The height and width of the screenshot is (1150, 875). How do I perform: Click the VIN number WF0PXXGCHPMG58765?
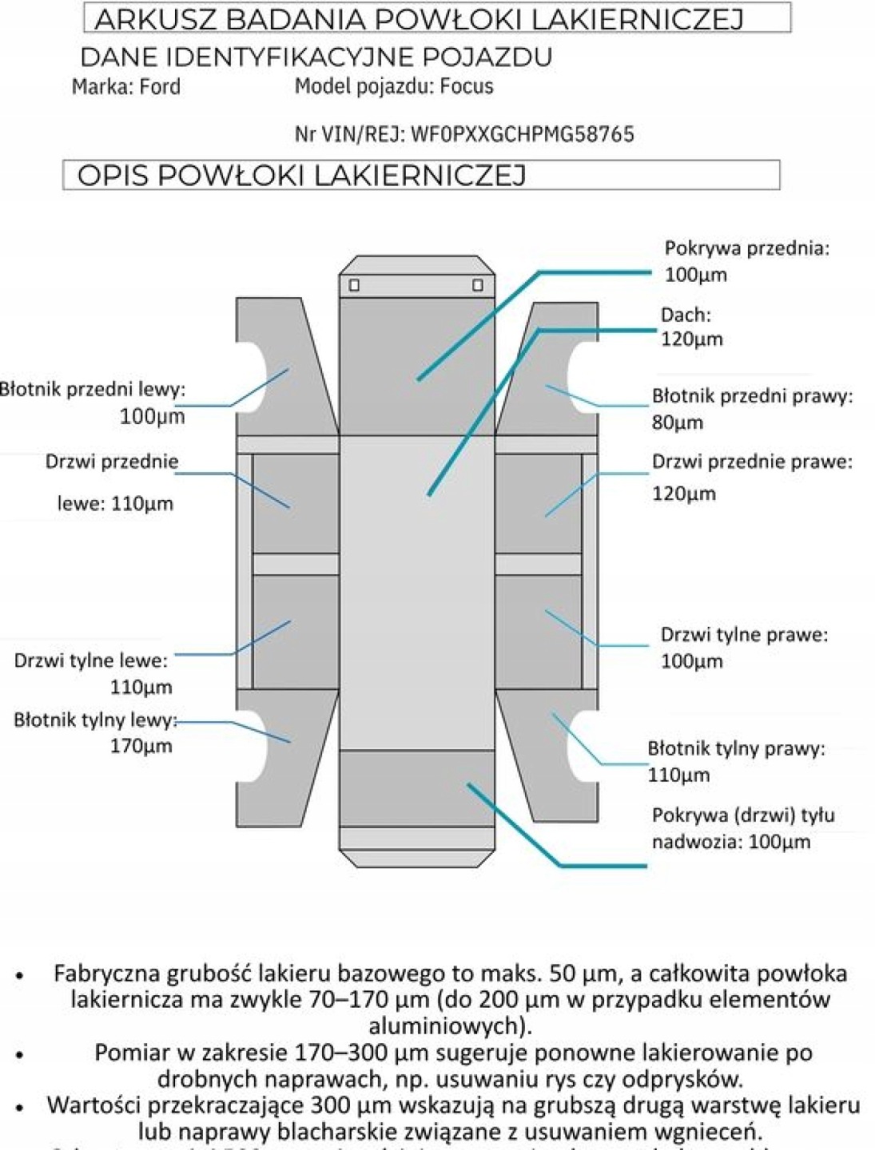pyautogui.click(x=522, y=134)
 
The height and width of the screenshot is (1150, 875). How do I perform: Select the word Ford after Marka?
pyautogui.click(x=160, y=86)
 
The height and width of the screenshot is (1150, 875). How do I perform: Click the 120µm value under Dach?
pyautogui.click(x=691, y=339)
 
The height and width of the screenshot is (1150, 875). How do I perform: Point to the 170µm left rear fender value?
pyautogui.click(x=141, y=746)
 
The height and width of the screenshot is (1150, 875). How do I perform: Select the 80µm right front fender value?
pyautogui.click(x=678, y=422)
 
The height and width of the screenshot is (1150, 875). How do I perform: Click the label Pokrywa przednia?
pyautogui.click(x=746, y=248)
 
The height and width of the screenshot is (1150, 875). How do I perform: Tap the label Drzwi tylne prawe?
pyautogui.click(x=743, y=635)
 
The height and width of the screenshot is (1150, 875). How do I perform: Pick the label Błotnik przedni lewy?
pyautogui.click(x=93, y=390)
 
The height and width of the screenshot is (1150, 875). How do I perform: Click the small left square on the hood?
pyautogui.click(x=354, y=285)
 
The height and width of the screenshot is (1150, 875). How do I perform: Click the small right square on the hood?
pyautogui.click(x=477, y=285)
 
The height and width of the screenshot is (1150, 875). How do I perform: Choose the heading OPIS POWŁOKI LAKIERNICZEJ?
pyautogui.click(x=301, y=176)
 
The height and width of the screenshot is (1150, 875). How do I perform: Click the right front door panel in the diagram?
pyautogui.click(x=538, y=503)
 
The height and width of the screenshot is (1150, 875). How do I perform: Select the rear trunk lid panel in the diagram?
pyautogui.click(x=417, y=787)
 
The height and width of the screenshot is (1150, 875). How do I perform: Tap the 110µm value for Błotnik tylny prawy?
pyautogui.click(x=678, y=775)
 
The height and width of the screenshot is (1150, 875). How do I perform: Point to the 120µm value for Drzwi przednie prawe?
pyautogui.click(x=684, y=494)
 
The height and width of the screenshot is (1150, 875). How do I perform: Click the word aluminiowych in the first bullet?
pyautogui.click(x=450, y=1025)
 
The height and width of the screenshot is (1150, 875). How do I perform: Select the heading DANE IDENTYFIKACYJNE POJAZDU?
pyautogui.click(x=316, y=57)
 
